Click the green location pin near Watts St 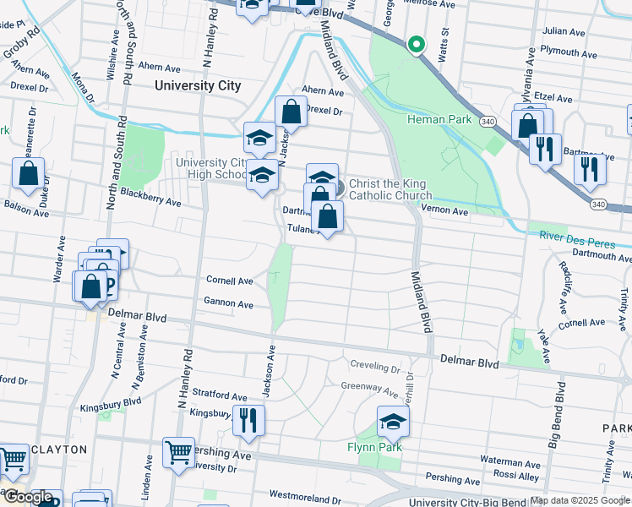pyautogui.click(x=415, y=46)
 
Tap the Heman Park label pyautogui.click(x=439, y=119)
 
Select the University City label pyautogui.click(x=198, y=85)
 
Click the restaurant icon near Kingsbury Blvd pyautogui.click(x=248, y=421)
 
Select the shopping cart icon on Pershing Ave pyautogui.click(x=178, y=453)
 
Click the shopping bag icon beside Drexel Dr pyautogui.click(x=291, y=112)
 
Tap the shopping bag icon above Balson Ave pyautogui.click(x=29, y=173)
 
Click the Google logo pyautogui.click(x=28, y=497)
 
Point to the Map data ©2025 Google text pyautogui.click(x=580, y=500)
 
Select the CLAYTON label pyautogui.click(x=59, y=450)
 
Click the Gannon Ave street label pyautogui.click(x=228, y=303)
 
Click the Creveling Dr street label pyautogui.click(x=375, y=368)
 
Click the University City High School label pyautogui.click(x=212, y=168)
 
